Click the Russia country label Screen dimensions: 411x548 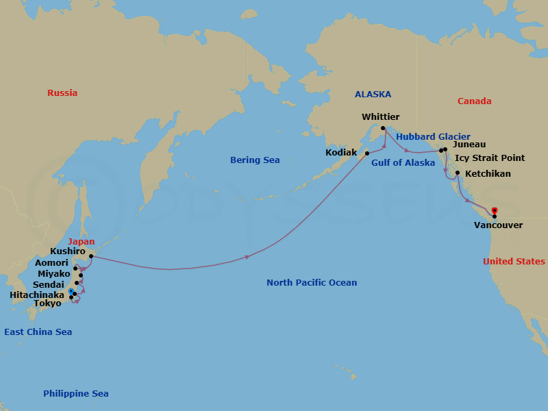tap(62, 93)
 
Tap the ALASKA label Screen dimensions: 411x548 tap(373, 95)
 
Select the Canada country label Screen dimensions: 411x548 tap(474, 101)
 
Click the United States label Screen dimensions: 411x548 tap(514, 262)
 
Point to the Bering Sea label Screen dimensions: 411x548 tap(255, 160)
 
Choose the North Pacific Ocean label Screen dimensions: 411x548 tap(312, 283)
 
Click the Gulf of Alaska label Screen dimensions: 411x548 tap(403, 163)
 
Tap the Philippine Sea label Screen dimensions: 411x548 tap(75, 394)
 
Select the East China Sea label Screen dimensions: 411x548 tap(38, 332)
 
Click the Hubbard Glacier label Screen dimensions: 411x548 tap(433, 137)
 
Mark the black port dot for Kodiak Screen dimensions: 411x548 tap(366, 153)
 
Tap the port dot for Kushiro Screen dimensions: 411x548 tap(90, 256)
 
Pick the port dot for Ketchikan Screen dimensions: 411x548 tap(457, 163)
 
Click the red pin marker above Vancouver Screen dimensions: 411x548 tap(494, 210)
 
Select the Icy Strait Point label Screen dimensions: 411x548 tap(490, 158)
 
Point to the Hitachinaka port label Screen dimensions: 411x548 tap(37, 295)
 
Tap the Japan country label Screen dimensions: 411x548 tap(82, 241)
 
